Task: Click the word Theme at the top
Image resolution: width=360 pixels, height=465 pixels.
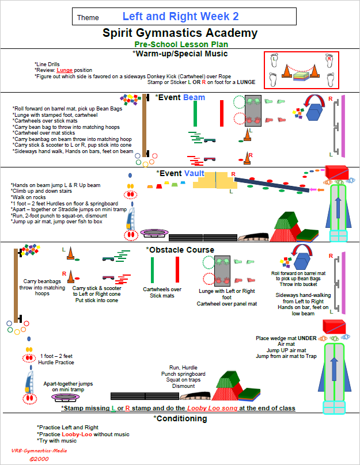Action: click(88, 18)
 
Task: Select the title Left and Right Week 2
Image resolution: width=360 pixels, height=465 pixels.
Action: click(180, 16)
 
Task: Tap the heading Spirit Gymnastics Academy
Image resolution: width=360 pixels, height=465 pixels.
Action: click(180, 33)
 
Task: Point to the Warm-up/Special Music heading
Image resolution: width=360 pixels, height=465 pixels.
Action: click(180, 54)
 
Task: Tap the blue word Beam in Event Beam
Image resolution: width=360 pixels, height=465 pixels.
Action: click(194, 97)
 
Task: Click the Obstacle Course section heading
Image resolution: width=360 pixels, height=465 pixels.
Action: click(180, 250)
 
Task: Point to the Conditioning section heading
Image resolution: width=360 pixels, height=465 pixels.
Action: click(180, 418)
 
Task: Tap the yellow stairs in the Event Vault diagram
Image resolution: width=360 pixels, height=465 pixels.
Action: click(215, 180)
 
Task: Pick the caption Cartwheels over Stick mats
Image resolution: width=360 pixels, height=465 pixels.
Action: click(162, 293)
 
